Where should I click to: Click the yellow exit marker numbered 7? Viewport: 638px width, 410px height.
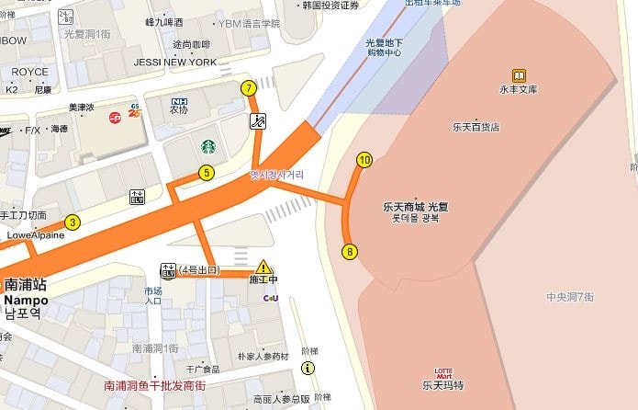pos(249,88)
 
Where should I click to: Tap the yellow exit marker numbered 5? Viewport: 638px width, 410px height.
pos(207,172)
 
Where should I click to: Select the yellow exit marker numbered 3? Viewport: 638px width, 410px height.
pos(73,222)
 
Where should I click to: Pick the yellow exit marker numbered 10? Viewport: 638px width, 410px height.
pos(364,160)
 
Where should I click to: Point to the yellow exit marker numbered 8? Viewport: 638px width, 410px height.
pos(350,251)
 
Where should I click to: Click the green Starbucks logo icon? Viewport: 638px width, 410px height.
pos(208,145)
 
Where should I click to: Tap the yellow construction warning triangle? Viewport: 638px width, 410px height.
pos(263,267)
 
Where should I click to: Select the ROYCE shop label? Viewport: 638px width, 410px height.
pos(31,72)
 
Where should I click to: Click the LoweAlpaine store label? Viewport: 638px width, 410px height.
pos(36,234)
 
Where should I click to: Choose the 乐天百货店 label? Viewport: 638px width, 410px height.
pos(476,127)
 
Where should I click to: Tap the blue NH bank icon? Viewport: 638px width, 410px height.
pos(180,101)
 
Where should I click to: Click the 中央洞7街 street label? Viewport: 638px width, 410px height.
pos(570,296)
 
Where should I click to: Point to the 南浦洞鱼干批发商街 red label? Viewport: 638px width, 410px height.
pos(154,386)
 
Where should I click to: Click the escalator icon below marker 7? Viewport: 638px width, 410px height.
pos(259,120)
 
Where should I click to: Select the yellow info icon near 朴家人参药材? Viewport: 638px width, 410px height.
pos(308,368)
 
